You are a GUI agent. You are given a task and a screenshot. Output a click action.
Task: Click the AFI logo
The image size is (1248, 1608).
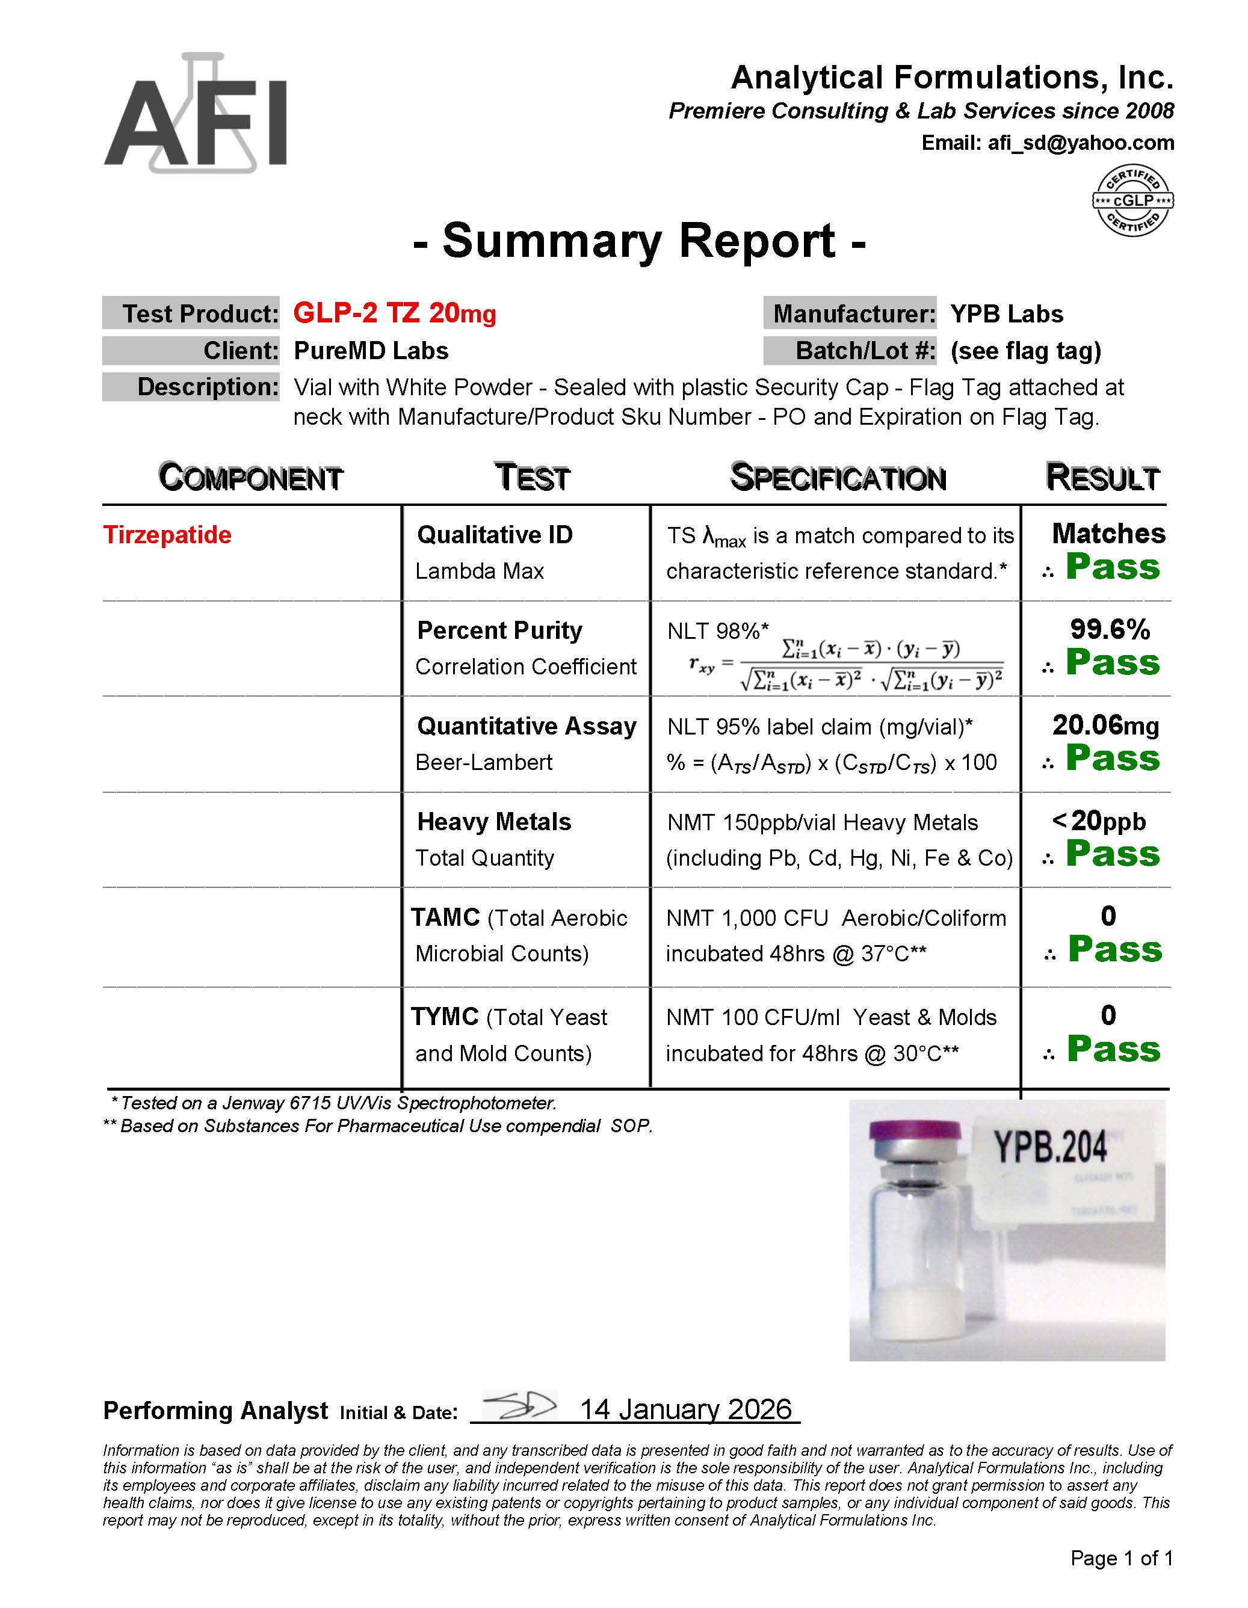coord(195,114)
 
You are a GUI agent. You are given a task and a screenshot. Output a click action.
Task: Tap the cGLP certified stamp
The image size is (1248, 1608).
coord(1132,200)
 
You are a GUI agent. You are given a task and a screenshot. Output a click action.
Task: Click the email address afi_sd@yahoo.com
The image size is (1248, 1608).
coord(1080,143)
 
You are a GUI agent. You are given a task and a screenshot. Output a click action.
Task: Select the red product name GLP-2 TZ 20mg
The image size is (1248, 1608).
coord(395,313)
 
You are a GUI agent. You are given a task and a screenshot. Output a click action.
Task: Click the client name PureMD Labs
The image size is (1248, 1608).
coord(371,351)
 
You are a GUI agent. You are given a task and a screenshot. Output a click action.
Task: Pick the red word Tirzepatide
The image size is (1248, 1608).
coord(167,535)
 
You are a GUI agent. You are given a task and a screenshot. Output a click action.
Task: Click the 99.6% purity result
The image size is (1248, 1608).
coord(1110,629)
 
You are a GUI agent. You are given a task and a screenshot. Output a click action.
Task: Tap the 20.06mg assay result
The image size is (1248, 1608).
coord(1105,725)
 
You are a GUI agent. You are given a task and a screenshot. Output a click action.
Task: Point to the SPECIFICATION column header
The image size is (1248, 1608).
coord(838,477)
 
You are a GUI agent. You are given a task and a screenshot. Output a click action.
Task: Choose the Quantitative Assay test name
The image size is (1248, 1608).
coord(527,726)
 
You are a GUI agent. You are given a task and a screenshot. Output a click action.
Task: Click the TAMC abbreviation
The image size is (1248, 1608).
coord(445,917)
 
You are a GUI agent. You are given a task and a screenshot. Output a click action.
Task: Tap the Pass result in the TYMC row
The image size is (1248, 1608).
coord(1113,1049)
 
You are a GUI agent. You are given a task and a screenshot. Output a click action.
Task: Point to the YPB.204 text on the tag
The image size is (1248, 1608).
coord(1051,1147)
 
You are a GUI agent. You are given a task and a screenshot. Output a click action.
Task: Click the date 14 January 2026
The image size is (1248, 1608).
coord(685,1409)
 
